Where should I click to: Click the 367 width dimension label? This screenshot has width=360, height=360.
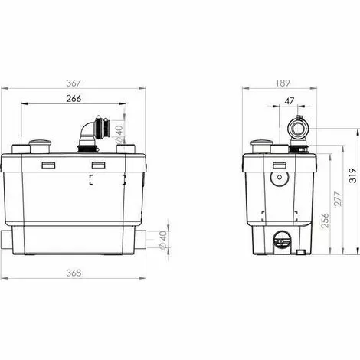coord(74,83)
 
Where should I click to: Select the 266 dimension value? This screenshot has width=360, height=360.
coord(74,98)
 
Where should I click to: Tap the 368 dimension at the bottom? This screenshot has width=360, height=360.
coord(74,273)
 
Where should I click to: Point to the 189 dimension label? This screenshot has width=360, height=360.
coord(283,83)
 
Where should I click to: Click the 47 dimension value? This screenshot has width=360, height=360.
coord(290,101)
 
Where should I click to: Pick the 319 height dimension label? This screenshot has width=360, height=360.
coord(353,175)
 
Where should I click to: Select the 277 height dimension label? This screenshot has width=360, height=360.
coord(338,198)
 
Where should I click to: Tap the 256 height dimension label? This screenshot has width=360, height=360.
coord(324,221)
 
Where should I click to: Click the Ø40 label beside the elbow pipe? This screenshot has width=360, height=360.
coord(119,133)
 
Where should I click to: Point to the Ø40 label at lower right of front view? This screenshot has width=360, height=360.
coord(162,239)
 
